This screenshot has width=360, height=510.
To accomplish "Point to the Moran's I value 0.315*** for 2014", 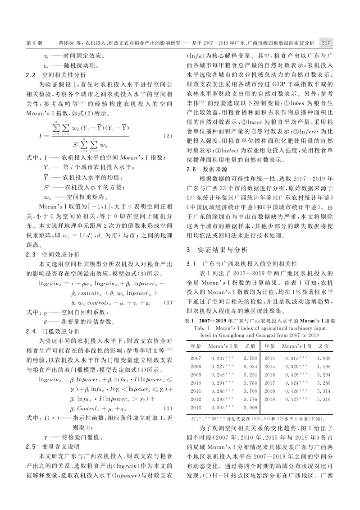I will coord(297,358).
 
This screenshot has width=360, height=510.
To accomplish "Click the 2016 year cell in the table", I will coord(270,375).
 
